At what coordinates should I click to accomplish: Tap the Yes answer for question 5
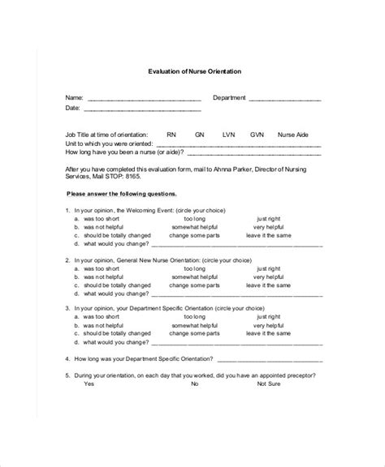[89, 384]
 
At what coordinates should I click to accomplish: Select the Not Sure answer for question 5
[269, 384]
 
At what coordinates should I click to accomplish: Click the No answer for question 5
[195, 384]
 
